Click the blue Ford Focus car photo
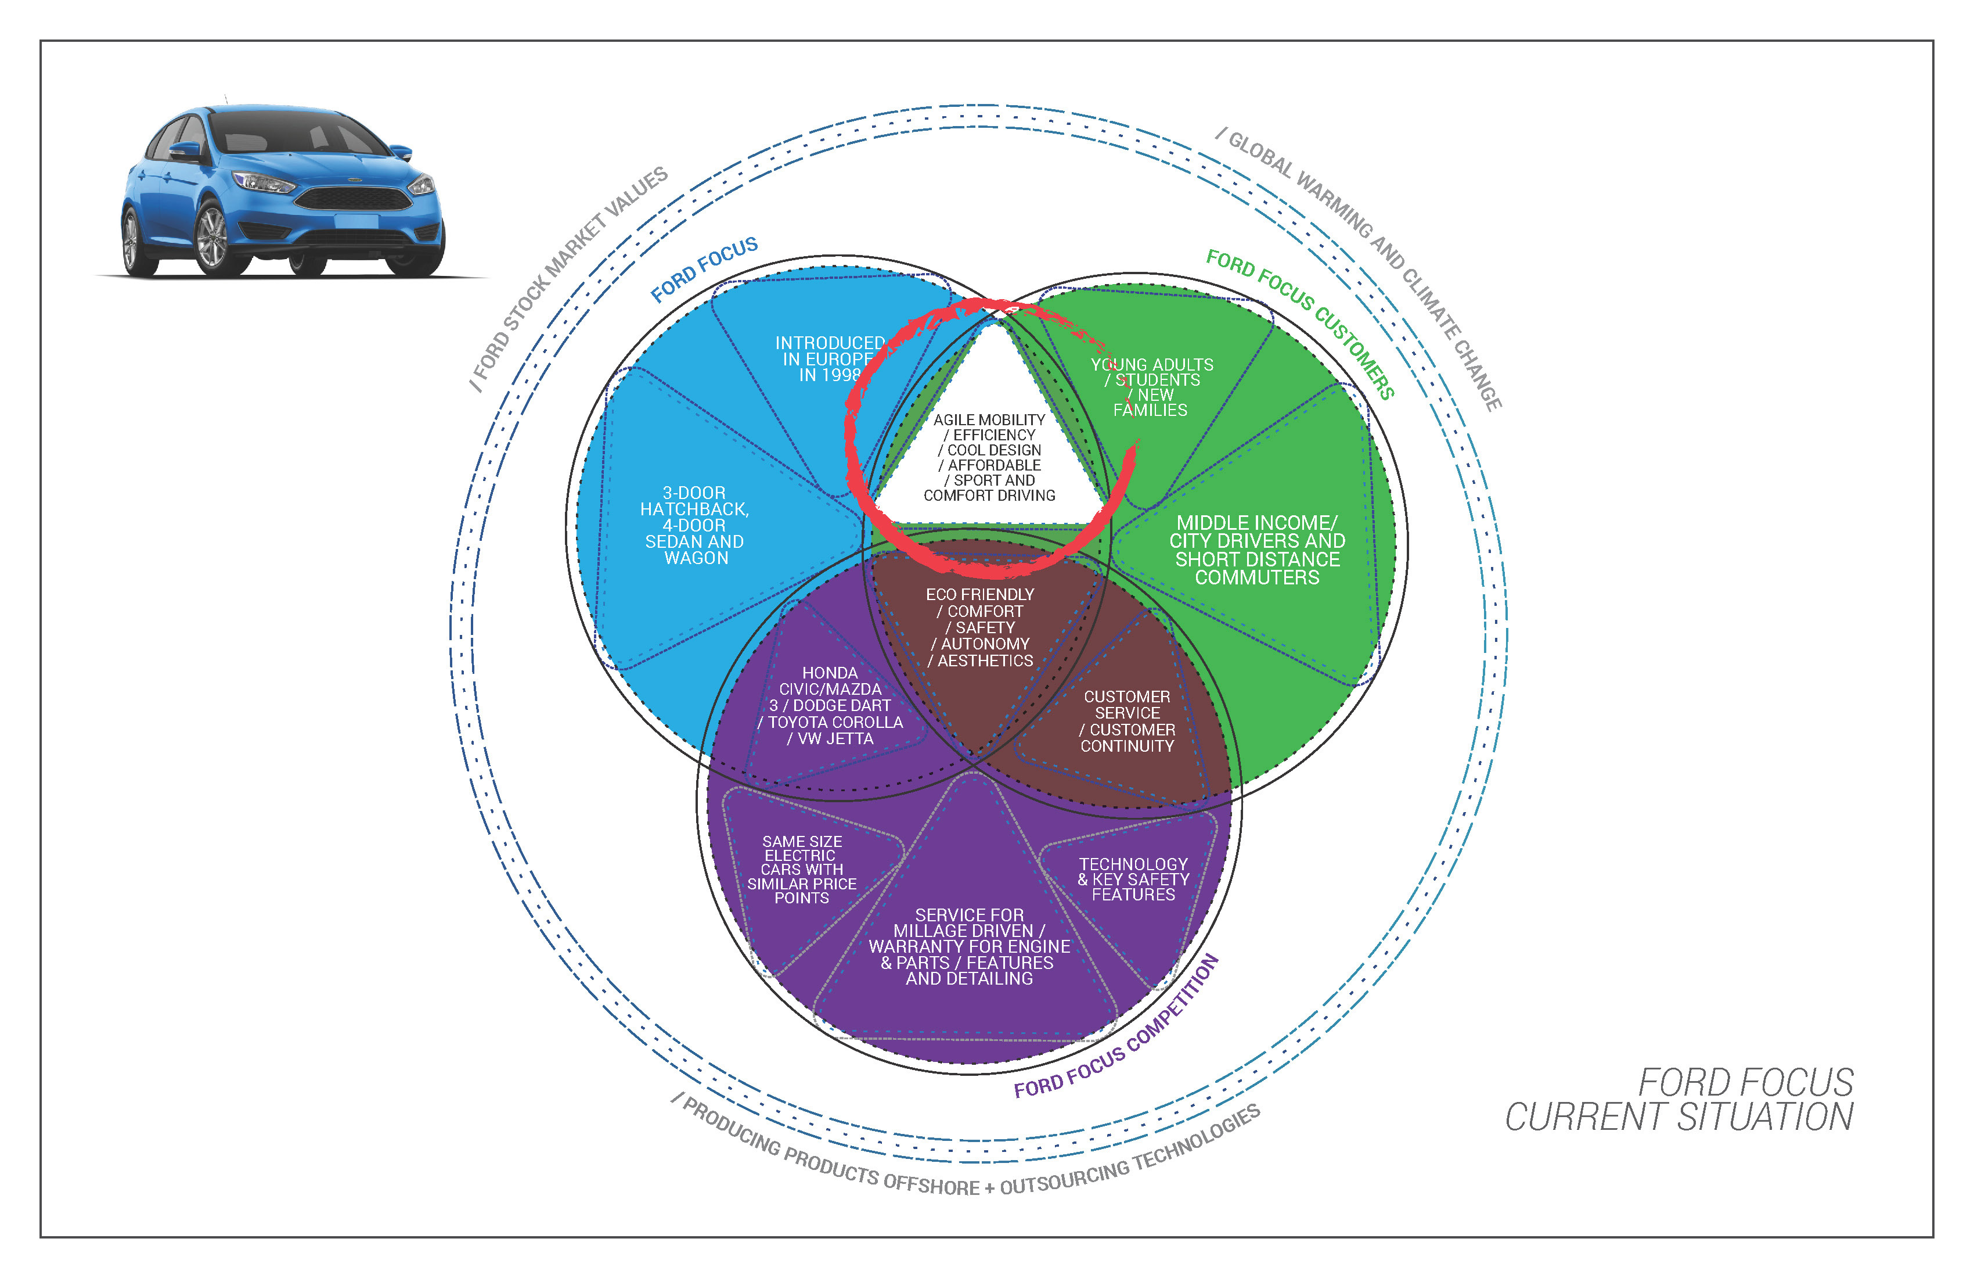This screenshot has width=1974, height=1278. pyautogui.click(x=282, y=191)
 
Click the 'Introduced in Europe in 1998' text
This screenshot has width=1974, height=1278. pyautogui.click(x=830, y=358)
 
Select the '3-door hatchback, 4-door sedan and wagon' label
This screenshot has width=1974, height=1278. pyautogui.click(x=695, y=525)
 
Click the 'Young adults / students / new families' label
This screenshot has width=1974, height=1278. pyautogui.click(x=1151, y=387)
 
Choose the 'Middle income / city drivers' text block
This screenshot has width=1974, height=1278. pyautogui.click(x=1256, y=550)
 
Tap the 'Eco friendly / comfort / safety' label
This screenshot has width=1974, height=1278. pyautogui.click(x=981, y=627)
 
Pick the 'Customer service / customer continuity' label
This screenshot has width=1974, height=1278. pyautogui.click(x=1127, y=721)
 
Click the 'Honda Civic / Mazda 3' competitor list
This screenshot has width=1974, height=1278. pyautogui.click(x=830, y=705)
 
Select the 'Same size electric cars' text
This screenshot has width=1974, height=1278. pyautogui.click(x=802, y=869)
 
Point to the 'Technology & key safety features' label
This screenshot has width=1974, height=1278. pyautogui.click(x=1133, y=879)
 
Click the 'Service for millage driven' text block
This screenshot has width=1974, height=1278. pyautogui.click(x=969, y=946)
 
